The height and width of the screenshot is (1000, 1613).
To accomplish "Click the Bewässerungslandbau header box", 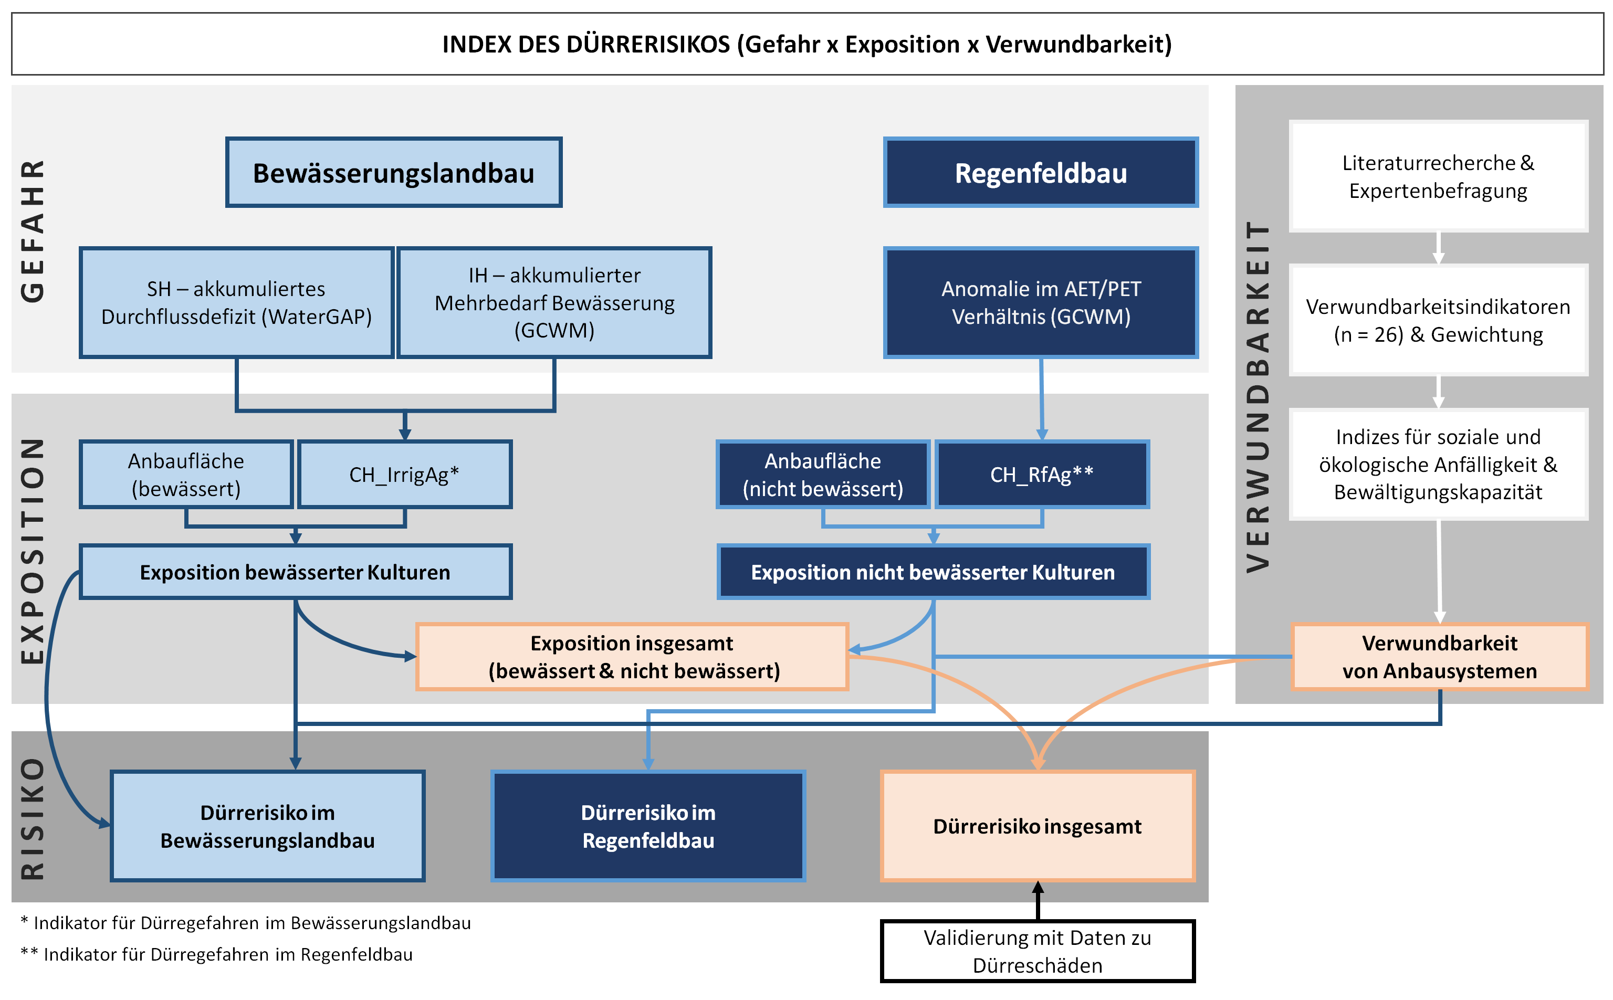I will (x=393, y=173).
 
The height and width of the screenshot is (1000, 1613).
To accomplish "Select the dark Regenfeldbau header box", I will (x=1040, y=173).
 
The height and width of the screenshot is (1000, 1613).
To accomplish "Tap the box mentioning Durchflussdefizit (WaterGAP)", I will (x=236, y=303).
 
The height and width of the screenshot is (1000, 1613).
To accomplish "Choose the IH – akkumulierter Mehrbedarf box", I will (x=554, y=303).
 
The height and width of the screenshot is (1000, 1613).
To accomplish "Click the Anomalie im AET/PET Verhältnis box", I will (x=1040, y=303).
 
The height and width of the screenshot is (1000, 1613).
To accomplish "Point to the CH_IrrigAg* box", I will (x=404, y=474).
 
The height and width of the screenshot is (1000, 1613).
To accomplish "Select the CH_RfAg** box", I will (x=1042, y=474).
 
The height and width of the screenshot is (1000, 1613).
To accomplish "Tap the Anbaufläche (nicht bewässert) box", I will (x=823, y=474).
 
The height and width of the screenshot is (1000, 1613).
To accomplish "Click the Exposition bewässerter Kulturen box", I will (x=295, y=572).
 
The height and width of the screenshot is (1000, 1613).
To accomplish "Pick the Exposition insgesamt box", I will (x=632, y=657).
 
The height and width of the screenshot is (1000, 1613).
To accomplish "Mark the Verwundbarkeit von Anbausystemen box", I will (x=1439, y=657).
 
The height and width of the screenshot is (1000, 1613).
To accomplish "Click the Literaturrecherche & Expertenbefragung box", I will (x=1438, y=176).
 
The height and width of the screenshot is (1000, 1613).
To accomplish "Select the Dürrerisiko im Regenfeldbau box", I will (x=648, y=826).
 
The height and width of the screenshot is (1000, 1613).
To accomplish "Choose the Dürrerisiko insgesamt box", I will (x=1037, y=826).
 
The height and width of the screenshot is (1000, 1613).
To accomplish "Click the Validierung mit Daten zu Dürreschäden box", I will (x=1037, y=951).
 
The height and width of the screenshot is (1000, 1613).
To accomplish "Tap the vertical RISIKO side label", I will (x=33, y=818).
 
